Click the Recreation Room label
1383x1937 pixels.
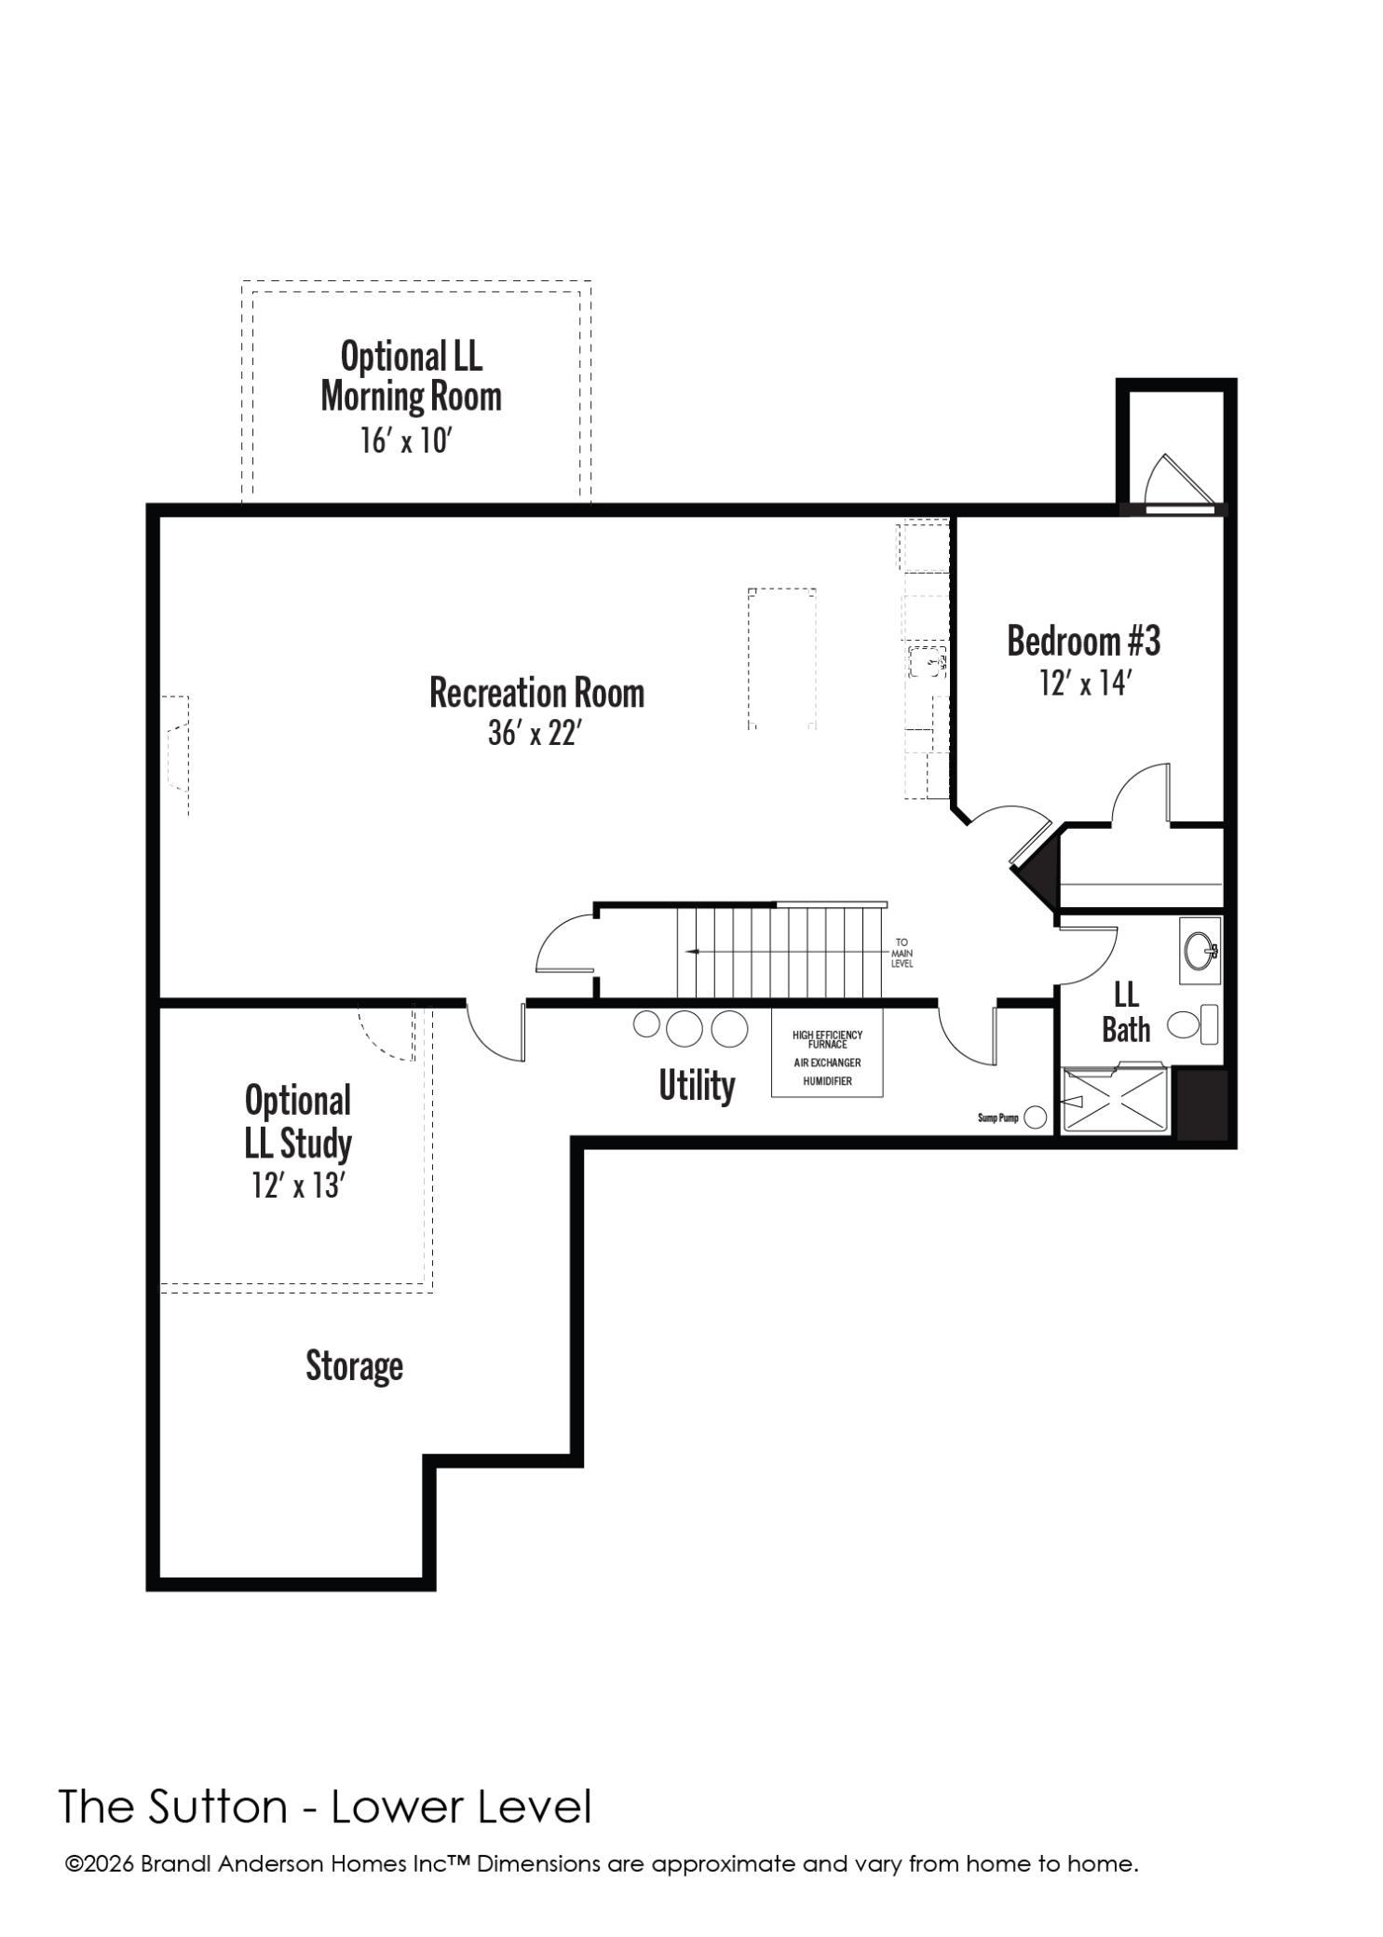click(x=536, y=693)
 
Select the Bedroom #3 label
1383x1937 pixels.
click(x=1084, y=642)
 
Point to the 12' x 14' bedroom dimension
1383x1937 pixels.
click(x=1085, y=684)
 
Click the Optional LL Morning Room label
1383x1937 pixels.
click(x=411, y=376)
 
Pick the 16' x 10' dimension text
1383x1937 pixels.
click(x=406, y=440)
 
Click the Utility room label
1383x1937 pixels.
click(x=697, y=1086)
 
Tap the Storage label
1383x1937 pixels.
click(x=354, y=1366)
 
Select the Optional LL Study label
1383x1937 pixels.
click(x=298, y=1122)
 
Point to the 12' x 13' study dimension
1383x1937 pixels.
click(x=298, y=1185)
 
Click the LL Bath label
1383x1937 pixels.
click(x=1126, y=1012)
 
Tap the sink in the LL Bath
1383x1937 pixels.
click(x=1200, y=951)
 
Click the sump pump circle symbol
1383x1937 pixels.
click(x=1036, y=1117)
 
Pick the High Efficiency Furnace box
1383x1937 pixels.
click(x=827, y=1053)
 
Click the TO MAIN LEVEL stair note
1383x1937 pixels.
click(x=902, y=953)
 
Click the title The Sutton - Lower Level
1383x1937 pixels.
click(x=325, y=1807)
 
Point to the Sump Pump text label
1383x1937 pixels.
click(x=998, y=1117)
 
